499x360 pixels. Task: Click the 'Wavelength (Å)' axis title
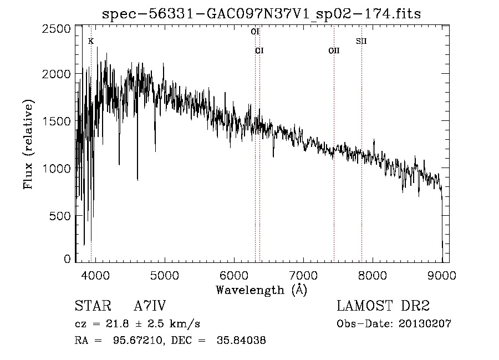pyautogui.click(x=261, y=290)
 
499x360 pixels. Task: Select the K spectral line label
pyautogui.click(x=91, y=41)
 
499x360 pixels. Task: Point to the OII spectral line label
pyautogui.click(x=334, y=50)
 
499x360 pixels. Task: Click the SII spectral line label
pyautogui.click(x=361, y=41)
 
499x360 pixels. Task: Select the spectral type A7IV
pyautogui.click(x=150, y=307)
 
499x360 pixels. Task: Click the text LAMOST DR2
pyautogui.click(x=383, y=307)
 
